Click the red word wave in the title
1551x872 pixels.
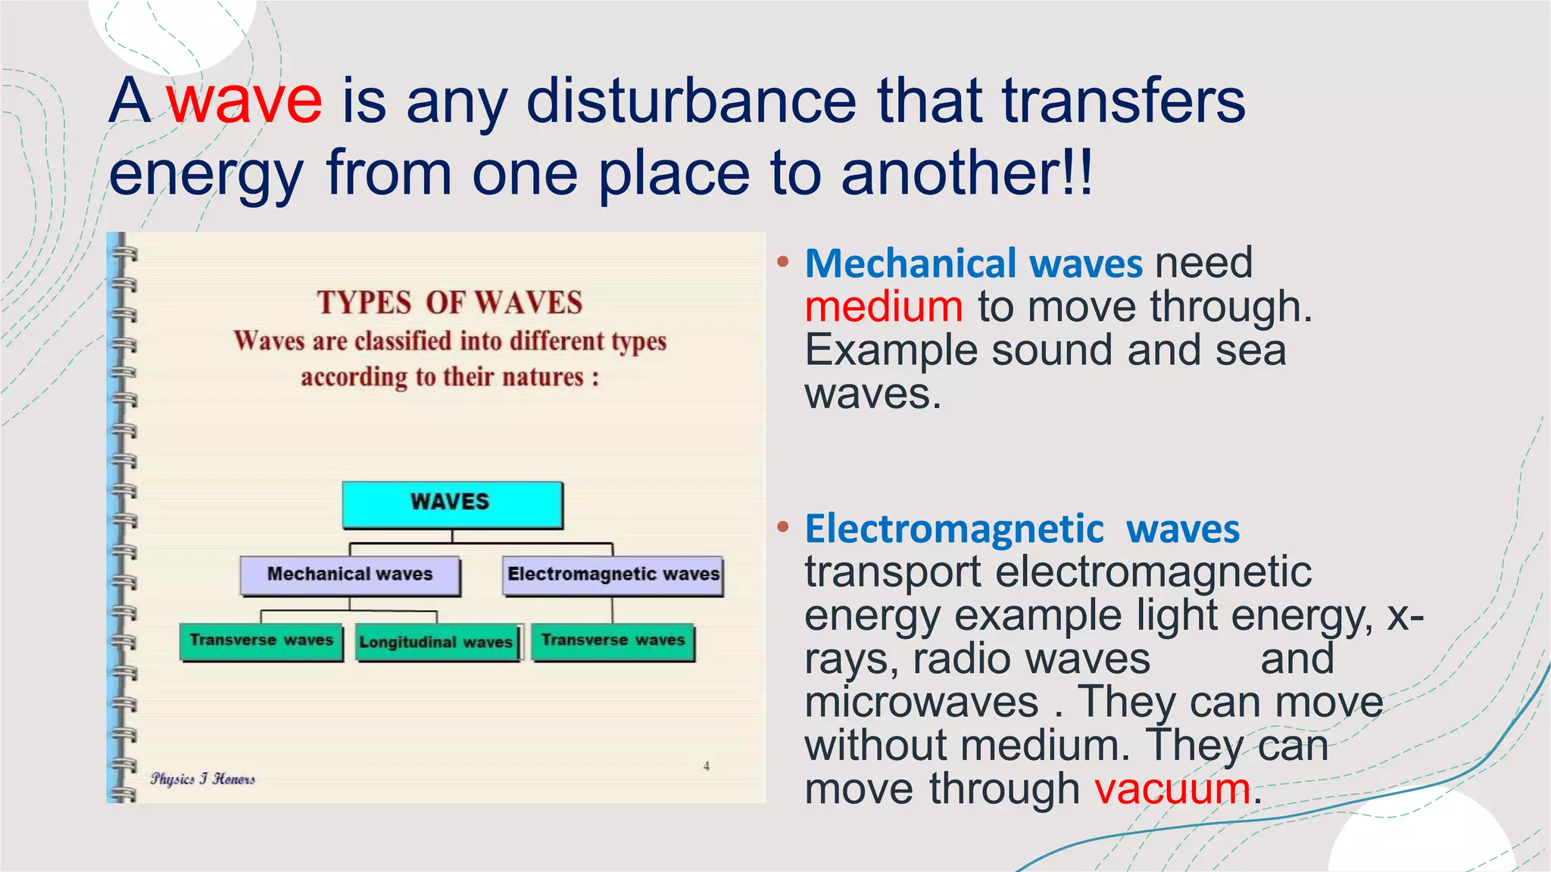click(x=245, y=101)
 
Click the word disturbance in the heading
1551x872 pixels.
click(x=691, y=101)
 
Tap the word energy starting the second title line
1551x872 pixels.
click(x=205, y=174)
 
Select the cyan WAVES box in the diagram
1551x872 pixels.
click(x=452, y=503)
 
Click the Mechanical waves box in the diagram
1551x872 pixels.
click(x=350, y=575)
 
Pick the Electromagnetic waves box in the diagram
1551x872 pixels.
click(x=613, y=575)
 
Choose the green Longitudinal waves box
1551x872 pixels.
click(x=437, y=643)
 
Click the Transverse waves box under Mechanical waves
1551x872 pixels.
click(x=261, y=641)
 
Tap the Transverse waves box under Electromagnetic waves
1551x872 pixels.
click(x=613, y=641)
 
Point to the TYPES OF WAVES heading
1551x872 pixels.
click(x=449, y=303)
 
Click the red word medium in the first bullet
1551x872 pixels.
click(x=883, y=307)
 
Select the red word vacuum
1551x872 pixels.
click(x=1172, y=789)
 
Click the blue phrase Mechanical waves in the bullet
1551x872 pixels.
click(x=973, y=263)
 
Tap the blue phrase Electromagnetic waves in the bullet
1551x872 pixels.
click(x=1022, y=528)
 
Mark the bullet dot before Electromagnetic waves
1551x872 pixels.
click(x=783, y=526)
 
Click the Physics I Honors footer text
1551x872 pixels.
click(x=202, y=779)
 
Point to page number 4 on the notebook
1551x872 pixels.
click(x=707, y=766)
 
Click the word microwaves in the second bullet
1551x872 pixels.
click(x=921, y=702)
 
